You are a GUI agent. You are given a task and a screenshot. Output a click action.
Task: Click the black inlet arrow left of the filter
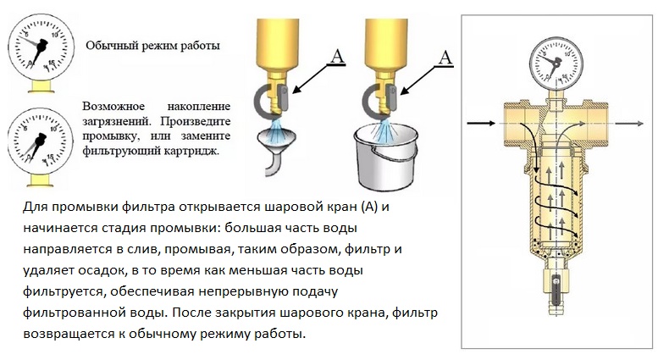coord(482,124)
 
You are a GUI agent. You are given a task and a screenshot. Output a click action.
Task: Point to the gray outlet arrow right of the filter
coord(631,124)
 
